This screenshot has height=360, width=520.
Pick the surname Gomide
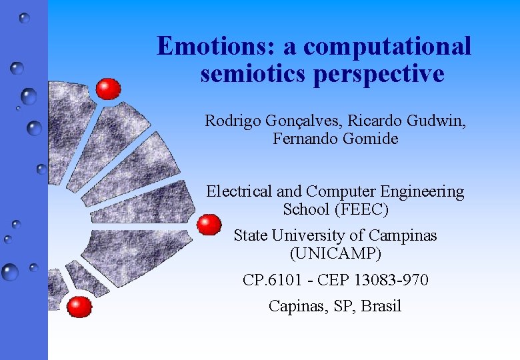(370, 139)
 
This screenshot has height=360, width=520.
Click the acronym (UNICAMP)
(335, 253)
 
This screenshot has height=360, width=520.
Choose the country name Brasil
(381, 306)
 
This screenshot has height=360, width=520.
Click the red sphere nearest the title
(108, 89)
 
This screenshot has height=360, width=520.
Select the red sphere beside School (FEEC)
(209, 225)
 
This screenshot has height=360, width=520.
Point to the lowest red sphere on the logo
(79, 307)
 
